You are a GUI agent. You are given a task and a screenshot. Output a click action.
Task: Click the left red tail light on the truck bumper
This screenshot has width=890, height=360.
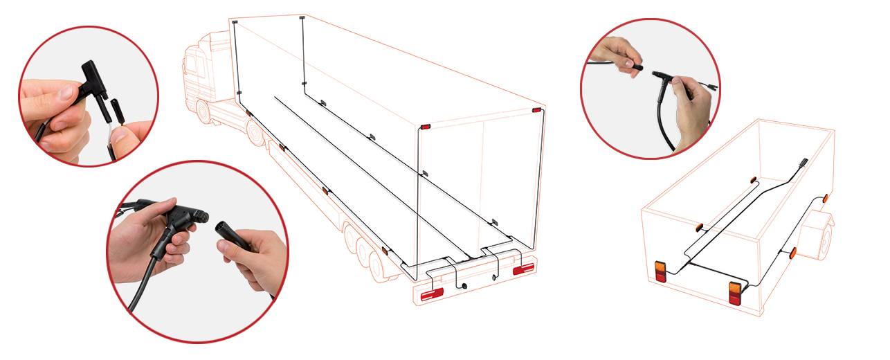click(x=433, y=293)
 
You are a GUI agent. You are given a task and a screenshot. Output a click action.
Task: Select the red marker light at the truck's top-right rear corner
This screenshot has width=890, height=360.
click(x=536, y=109)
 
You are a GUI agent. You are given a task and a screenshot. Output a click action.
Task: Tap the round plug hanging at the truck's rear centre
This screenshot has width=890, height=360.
click(x=464, y=285)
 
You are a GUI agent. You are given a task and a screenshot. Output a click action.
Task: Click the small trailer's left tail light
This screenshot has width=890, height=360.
click(x=660, y=271)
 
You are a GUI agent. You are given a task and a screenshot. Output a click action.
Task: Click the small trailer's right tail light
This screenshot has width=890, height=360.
click(x=734, y=291)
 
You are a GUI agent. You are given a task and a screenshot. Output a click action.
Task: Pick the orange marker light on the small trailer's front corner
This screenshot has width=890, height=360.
click(x=826, y=199)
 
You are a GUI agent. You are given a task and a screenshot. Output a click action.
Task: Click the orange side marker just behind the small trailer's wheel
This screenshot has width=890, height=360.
click(x=793, y=253)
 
